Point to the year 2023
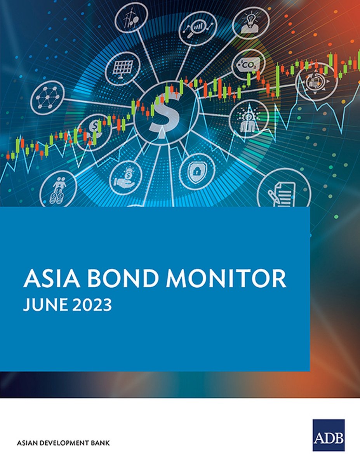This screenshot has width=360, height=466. (x=92, y=305)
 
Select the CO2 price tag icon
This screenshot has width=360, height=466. (x=249, y=64)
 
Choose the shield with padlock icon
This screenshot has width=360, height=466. (x=197, y=172)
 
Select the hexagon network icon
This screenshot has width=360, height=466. (x=47, y=97)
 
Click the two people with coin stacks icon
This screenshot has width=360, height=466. (x=58, y=190)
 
